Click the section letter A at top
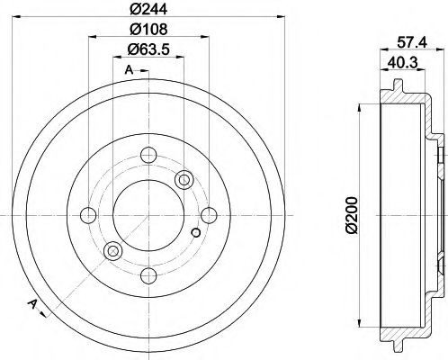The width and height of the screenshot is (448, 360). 128,69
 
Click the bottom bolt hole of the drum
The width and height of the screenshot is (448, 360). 148,274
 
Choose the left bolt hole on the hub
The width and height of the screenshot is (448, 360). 89,215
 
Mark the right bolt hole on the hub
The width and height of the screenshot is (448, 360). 208,215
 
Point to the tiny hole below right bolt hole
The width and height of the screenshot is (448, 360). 196,234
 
